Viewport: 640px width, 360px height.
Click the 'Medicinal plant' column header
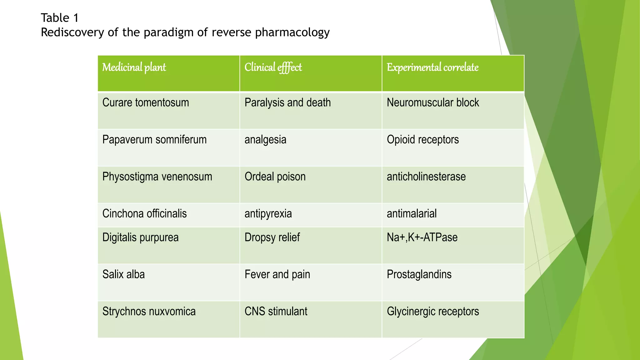(134, 67)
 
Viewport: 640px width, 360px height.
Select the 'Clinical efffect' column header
(273, 67)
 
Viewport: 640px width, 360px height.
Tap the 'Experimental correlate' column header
(432, 67)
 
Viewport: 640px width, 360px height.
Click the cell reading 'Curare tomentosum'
(146, 102)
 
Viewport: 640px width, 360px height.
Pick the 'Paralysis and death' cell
(287, 102)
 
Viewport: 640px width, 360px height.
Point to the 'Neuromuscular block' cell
(433, 102)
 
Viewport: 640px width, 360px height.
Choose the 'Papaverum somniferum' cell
(154, 139)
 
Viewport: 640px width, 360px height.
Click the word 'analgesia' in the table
(265, 139)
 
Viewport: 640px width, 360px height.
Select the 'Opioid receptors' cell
(423, 139)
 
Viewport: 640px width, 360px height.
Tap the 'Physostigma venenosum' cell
(157, 177)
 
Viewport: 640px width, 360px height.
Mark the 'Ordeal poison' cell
(275, 177)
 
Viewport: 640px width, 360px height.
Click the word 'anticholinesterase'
(426, 177)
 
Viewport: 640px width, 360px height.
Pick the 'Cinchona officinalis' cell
(144, 213)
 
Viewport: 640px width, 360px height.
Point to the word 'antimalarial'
(412, 213)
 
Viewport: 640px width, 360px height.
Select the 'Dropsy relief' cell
(272, 237)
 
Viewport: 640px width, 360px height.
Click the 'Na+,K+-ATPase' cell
(422, 237)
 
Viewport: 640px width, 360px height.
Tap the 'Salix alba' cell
(123, 274)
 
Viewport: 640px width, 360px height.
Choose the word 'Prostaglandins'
(419, 274)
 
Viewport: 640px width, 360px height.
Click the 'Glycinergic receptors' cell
(433, 311)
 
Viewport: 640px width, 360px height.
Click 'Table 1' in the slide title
(60, 18)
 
